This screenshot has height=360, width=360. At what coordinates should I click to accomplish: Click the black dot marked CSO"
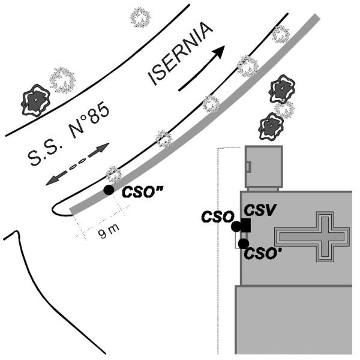pyautogui.click(x=109, y=190)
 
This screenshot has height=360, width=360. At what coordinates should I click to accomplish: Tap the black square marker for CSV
pyautogui.click(x=246, y=225)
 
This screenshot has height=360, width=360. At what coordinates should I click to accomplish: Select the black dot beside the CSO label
pyautogui.click(x=236, y=227)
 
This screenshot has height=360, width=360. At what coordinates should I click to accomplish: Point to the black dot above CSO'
pyautogui.click(x=244, y=244)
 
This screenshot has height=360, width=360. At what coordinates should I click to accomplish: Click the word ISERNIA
pyautogui.click(x=180, y=53)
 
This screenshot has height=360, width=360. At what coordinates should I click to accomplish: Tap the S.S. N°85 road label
pyautogui.click(x=68, y=133)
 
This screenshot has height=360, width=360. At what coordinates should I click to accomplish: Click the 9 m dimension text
pyautogui.click(x=109, y=230)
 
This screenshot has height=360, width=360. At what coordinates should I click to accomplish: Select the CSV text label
pyautogui.click(x=259, y=210)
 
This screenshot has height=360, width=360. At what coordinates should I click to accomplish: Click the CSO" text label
pyautogui.click(x=142, y=192)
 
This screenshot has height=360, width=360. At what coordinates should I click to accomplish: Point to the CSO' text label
pyautogui.click(x=263, y=254)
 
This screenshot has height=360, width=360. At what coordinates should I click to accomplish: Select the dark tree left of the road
pyautogui.click(x=35, y=100)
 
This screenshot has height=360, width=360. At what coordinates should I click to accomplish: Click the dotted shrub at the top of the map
pyautogui.click(x=140, y=17)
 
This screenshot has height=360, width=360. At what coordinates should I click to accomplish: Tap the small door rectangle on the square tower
pyautogui.click(x=248, y=166)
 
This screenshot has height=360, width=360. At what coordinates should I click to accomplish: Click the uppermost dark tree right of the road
pyautogui.click(x=282, y=89)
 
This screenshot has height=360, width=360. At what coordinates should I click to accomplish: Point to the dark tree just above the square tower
pyautogui.click(x=271, y=126)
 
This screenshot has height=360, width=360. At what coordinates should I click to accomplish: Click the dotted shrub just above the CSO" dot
pyautogui.click(x=113, y=174)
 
